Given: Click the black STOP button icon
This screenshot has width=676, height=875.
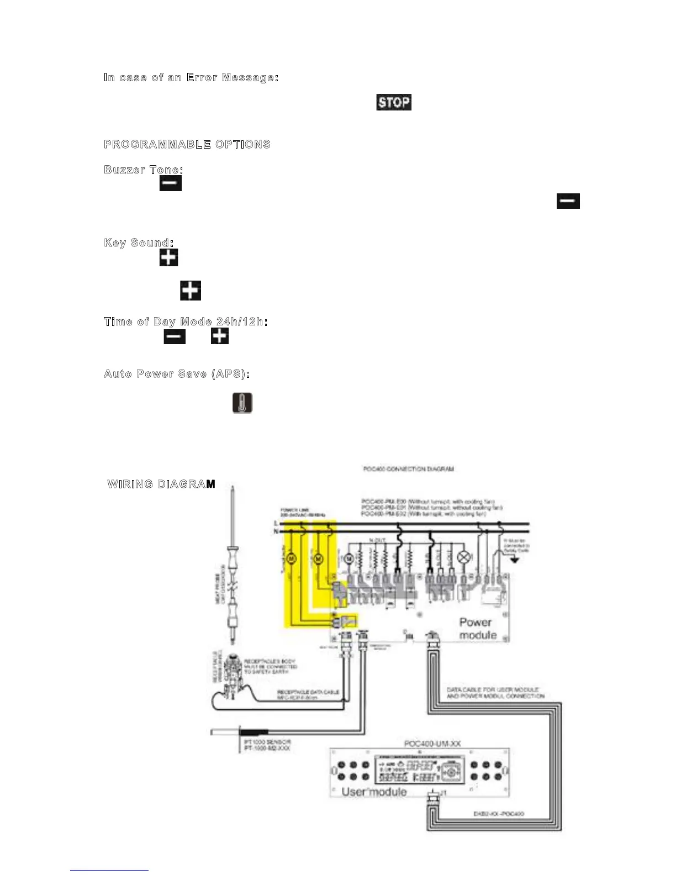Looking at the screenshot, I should pyautogui.click(x=394, y=102).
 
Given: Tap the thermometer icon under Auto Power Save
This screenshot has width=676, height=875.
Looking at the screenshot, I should pyautogui.click(x=242, y=403).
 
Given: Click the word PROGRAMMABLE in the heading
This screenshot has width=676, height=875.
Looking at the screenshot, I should pyautogui.click(x=157, y=145).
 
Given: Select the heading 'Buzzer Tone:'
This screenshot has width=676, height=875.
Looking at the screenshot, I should pyautogui.click(x=144, y=170).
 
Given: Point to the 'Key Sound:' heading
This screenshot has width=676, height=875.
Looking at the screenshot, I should pyautogui.click(x=139, y=243).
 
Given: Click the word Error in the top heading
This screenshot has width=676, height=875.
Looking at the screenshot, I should pyautogui.click(x=202, y=77).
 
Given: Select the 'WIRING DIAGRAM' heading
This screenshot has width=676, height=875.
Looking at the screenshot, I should pyautogui.click(x=161, y=484).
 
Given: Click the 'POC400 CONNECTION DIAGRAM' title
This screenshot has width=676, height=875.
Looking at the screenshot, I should pyautogui.click(x=408, y=469).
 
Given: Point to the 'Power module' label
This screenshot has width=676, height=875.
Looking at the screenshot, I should pyautogui.click(x=477, y=629).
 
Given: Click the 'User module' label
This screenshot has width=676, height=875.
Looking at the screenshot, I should pyautogui.click(x=374, y=792).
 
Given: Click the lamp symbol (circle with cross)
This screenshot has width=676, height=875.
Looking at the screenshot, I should pyautogui.click(x=464, y=558).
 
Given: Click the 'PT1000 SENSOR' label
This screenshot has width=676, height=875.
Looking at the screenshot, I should pyautogui.click(x=267, y=742).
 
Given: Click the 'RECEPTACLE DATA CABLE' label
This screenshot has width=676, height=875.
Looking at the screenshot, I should pyautogui.click(x=308, y=692).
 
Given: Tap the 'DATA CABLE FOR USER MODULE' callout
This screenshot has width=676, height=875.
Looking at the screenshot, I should pyautogui.click(x=493, y=690).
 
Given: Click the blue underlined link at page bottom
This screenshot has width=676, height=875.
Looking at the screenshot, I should pyautogui.click(x=109, y=870).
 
